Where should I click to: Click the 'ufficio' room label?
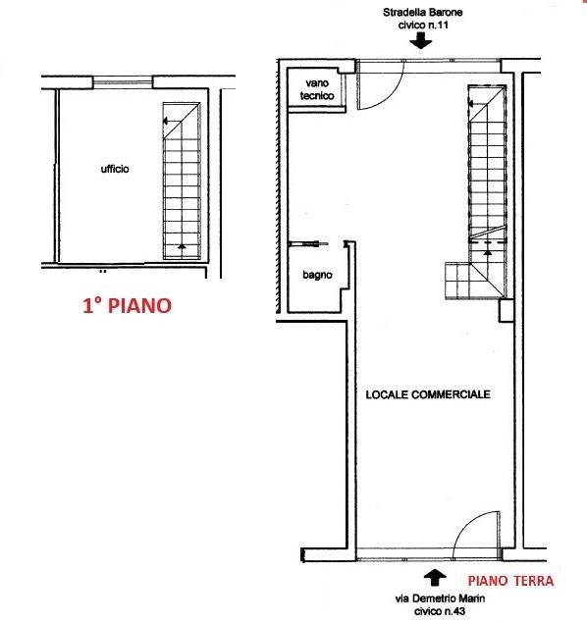coord(115,169)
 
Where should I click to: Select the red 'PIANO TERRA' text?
coord(509,581)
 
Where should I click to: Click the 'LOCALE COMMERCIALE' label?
coord(427,394)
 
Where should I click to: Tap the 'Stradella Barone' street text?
coord(422,15)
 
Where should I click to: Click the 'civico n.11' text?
coord(422,27)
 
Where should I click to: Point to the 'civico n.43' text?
coord(437,611)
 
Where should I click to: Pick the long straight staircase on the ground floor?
coord(487,162)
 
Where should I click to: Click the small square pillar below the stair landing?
coord(506,311)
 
